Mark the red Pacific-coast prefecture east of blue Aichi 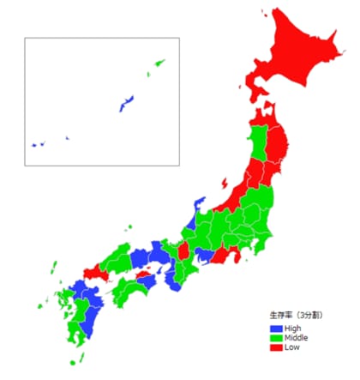tap(222, 256)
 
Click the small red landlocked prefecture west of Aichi tap(183, 251)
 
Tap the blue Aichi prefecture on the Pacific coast tap(204, 255)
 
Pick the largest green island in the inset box tap(159, 63)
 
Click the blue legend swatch tap(275, 329)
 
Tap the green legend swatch tap(275, 338)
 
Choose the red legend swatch tap(275, 347)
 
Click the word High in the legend tap(292, 329)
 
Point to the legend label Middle tap(296, 338)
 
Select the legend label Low tap(291, 347)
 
